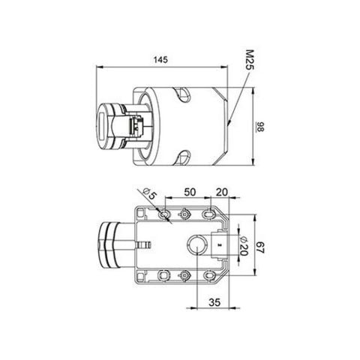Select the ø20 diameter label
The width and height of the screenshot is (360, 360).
pyautogui.click(x=242, y=244)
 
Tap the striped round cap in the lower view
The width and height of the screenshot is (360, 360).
pyautogui.click(x=109, y=244)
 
